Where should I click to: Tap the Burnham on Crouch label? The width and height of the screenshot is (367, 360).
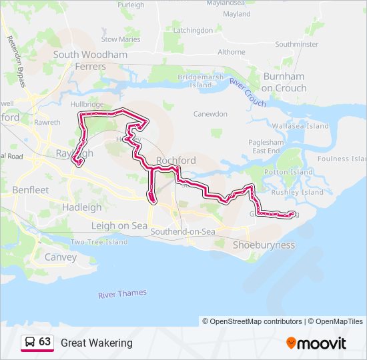284,82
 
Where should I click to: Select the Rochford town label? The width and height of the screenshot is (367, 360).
175,161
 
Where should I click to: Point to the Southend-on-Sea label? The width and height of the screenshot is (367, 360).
183,231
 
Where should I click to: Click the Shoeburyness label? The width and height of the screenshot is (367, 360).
264,245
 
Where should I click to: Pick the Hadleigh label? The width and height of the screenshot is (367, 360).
81,207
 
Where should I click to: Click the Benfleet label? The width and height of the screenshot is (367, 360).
30,190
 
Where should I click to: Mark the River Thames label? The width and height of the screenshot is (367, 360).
122,293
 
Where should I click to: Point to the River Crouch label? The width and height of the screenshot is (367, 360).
248,92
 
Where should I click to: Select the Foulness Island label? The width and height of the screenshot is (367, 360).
342,159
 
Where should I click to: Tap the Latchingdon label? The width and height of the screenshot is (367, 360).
193,30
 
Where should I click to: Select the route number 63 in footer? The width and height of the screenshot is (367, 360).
45,342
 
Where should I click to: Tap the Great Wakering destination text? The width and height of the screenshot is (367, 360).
97,343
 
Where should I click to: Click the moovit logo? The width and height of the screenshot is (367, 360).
316,343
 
